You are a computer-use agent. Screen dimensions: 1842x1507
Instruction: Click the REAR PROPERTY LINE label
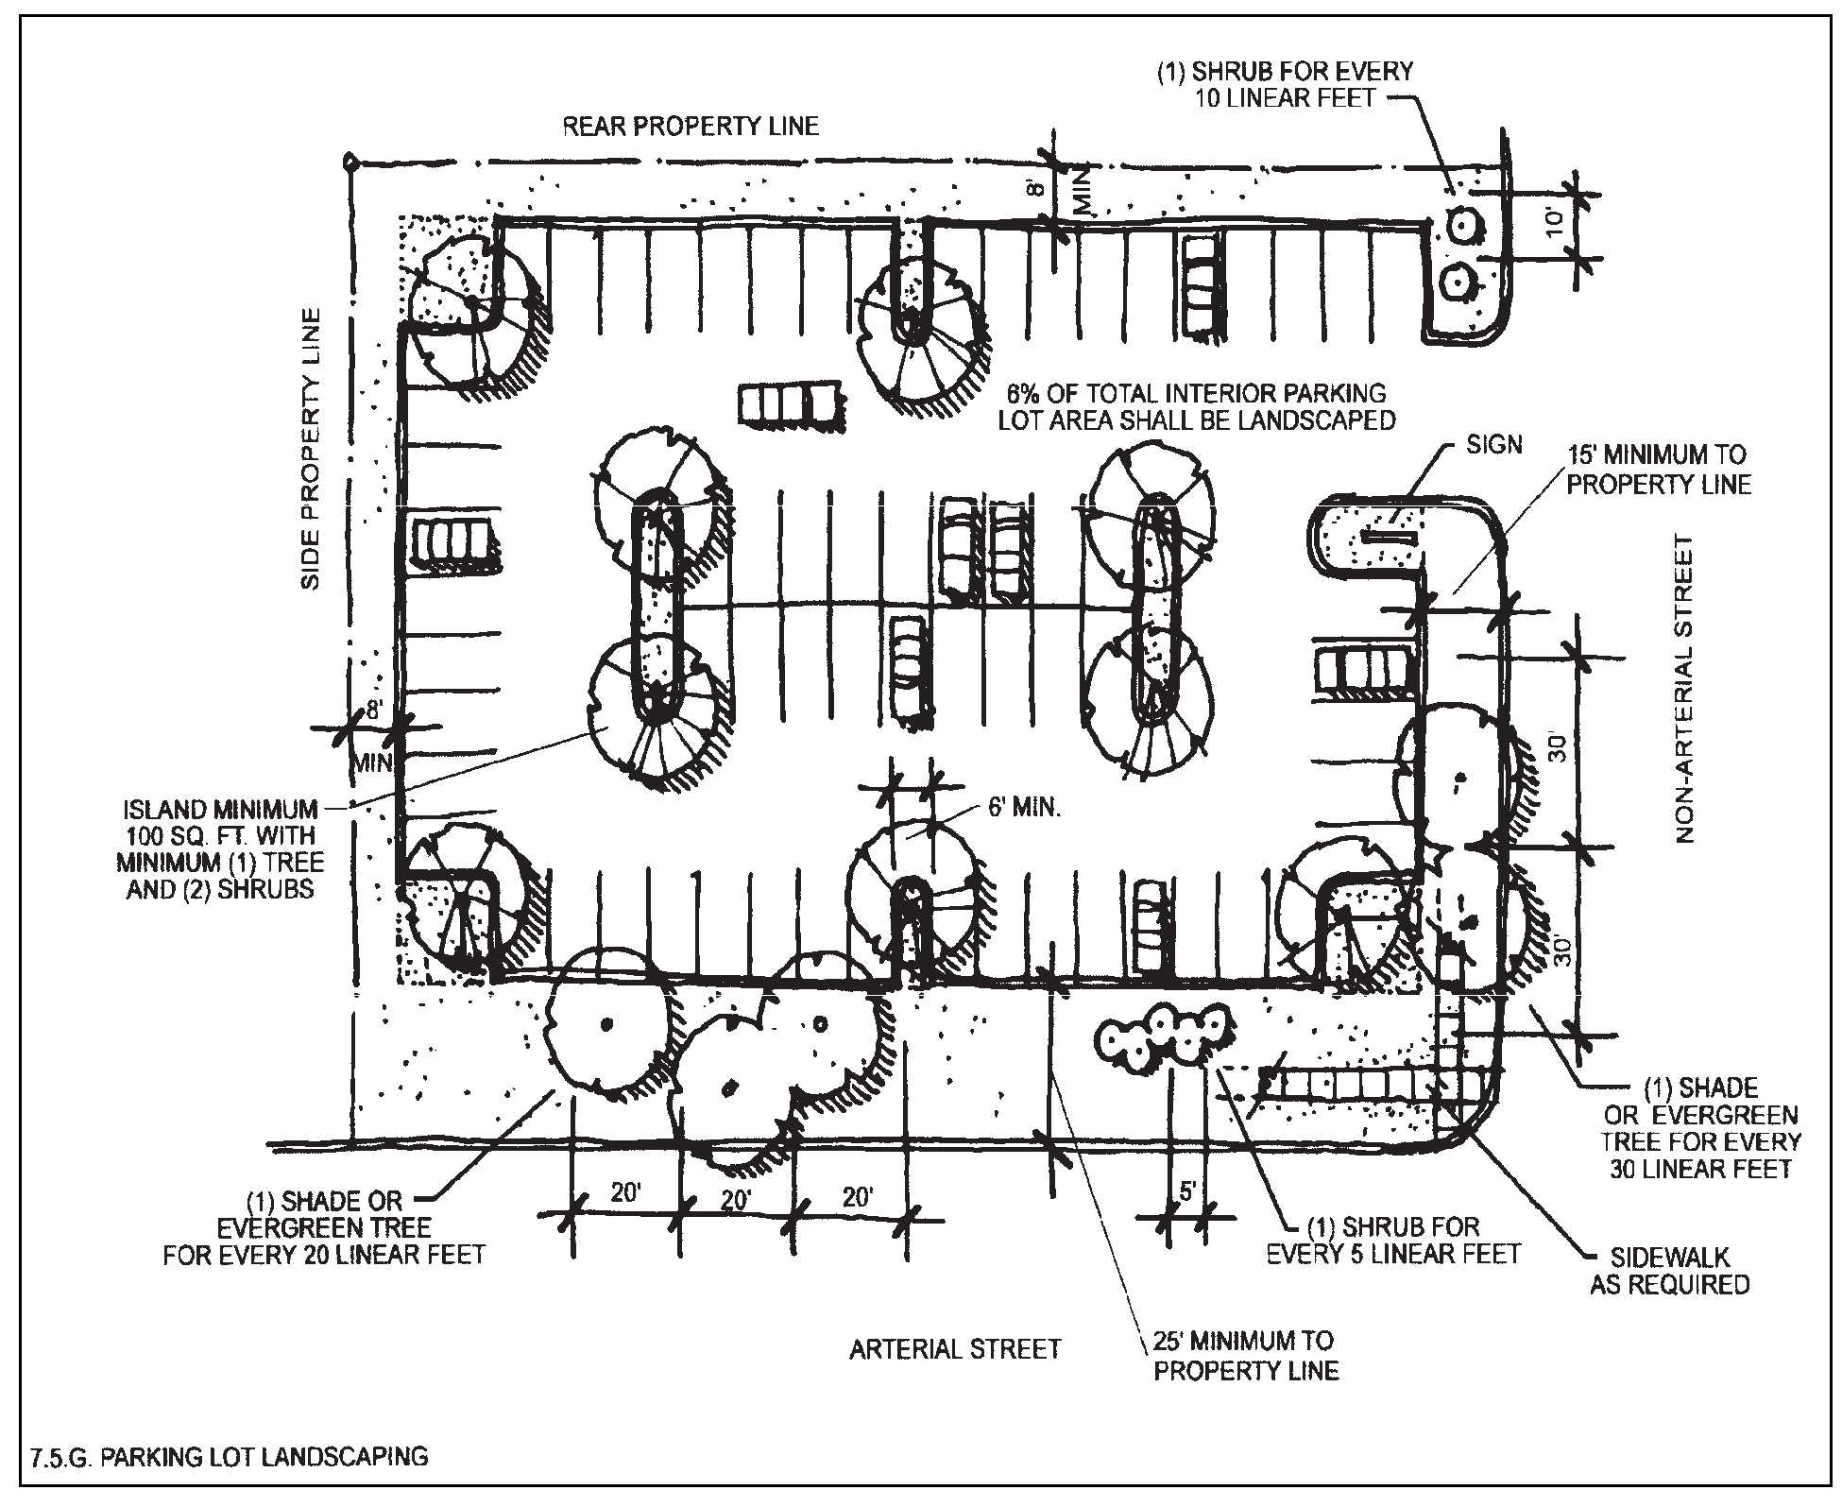pos(691,126)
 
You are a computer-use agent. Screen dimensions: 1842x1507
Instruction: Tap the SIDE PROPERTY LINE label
pos(311,449)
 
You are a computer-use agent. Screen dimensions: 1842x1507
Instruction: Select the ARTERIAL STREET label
pos(955,1348)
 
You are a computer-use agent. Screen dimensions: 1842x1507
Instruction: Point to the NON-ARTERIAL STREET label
pos(1684,689)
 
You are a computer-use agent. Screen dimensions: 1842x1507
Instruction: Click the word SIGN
pos(1494,444)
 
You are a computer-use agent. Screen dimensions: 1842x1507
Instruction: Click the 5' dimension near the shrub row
pos(1187,1191)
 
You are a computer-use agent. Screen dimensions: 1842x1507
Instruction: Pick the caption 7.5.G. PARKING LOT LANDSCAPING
pos(228,1456)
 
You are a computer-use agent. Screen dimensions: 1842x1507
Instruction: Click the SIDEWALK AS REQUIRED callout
pos(1669,1271)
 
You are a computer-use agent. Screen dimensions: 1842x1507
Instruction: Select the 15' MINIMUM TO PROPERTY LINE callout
pos(1659,470)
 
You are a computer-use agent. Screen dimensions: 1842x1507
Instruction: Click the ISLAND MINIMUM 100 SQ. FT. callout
pos(219,848)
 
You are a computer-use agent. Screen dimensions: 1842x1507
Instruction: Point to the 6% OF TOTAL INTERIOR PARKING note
pos(1196,407)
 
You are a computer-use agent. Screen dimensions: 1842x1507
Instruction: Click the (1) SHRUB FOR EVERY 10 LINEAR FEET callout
pos(1285,84)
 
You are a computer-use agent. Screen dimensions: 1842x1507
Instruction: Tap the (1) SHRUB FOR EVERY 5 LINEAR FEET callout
pos(1393,1241)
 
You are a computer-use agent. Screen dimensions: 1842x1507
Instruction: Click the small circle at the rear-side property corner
pos(350,162)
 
